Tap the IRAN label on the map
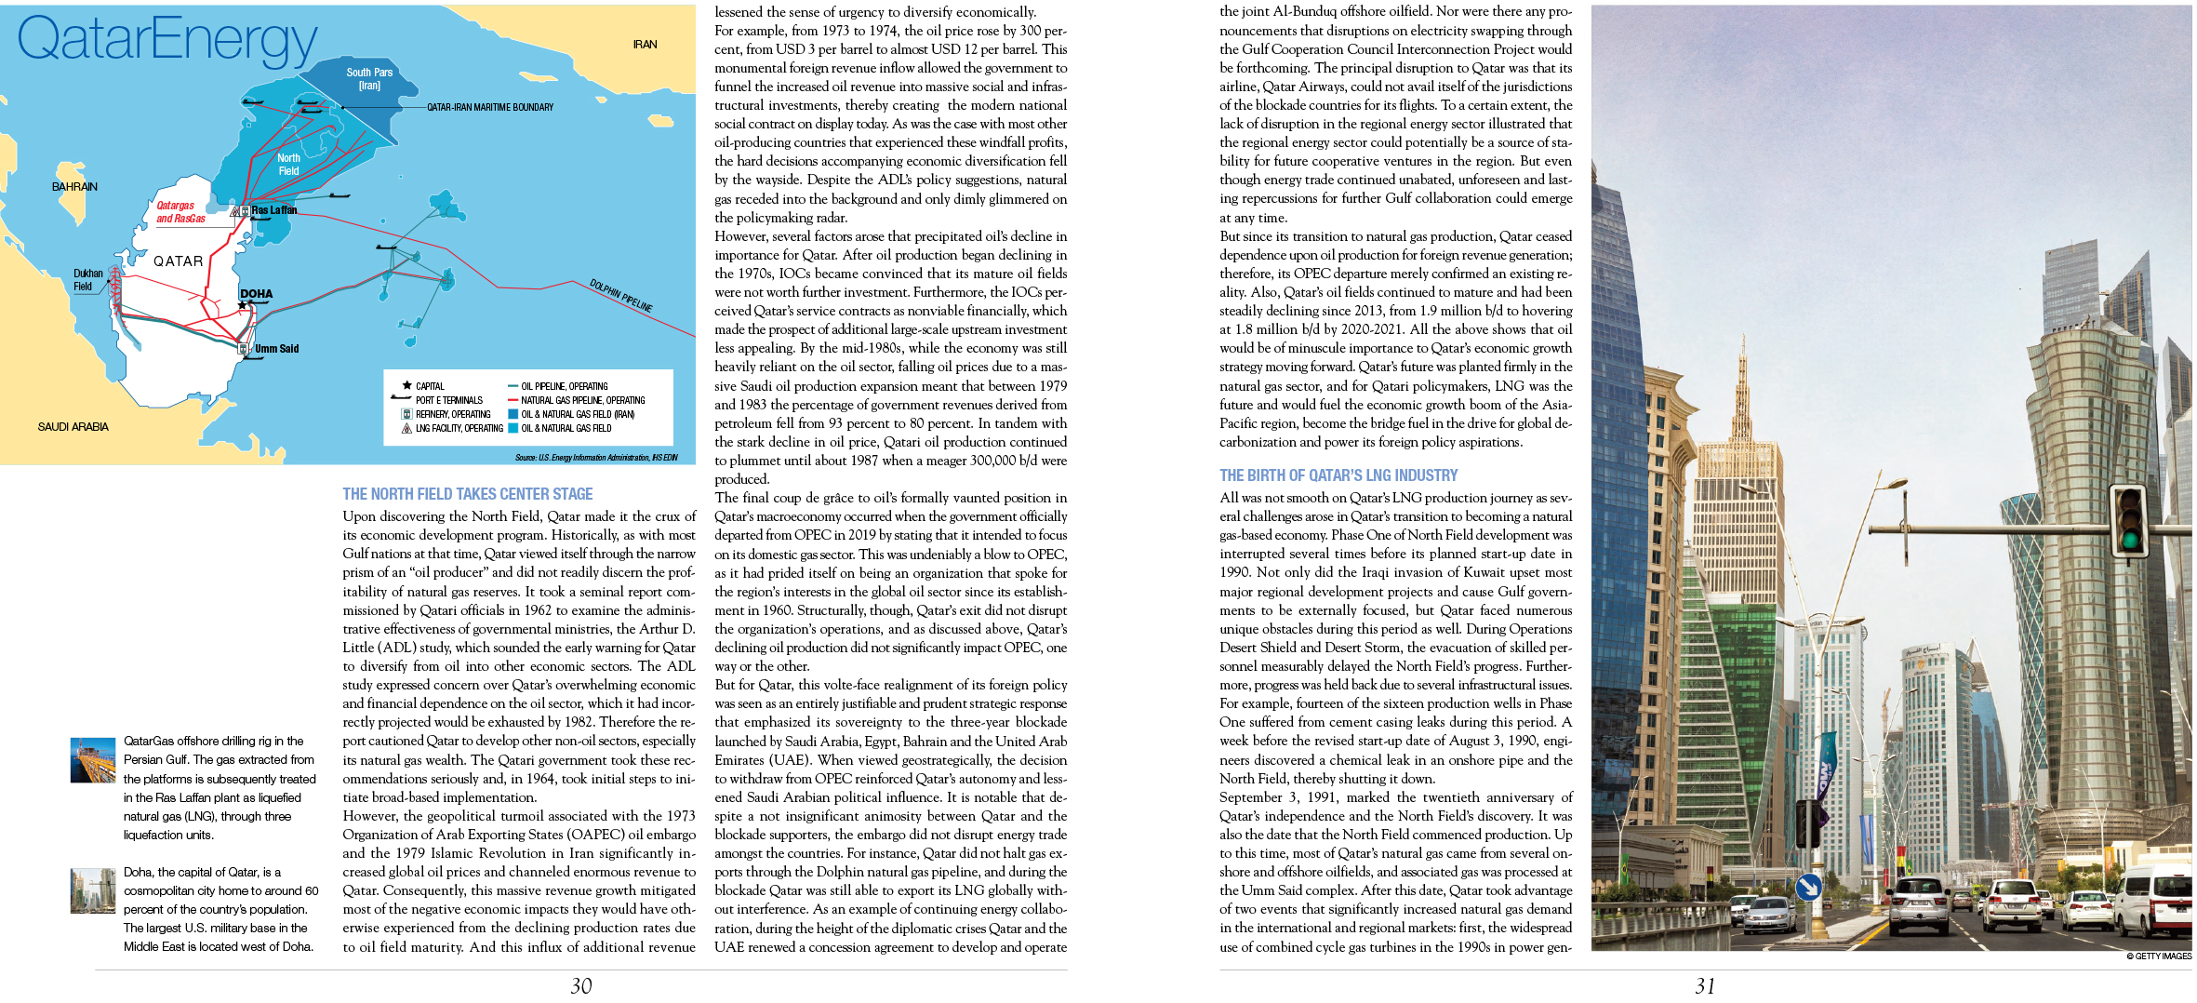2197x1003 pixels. coord(645,45)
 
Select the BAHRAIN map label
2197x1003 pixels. coord(74,187)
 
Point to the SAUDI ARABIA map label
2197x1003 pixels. coord(73,427)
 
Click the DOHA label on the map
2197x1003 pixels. coord(256,294)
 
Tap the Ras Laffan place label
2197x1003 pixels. coord(274,210)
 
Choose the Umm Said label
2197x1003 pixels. coord(276,349)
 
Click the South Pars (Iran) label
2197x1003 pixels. coord(369,78)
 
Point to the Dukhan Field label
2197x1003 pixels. coord(87,280)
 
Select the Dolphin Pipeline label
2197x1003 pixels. coord(620,295)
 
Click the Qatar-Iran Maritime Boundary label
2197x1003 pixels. coord(489,107)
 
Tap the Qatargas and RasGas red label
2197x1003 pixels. coord(180,212)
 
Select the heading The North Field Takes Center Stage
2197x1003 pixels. coord(467,494)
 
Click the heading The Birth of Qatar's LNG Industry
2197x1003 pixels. coord(1338,475)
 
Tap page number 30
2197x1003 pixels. coord(581,986)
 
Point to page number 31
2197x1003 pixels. coord(1705,986)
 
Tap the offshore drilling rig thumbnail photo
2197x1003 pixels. coord(93,760)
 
